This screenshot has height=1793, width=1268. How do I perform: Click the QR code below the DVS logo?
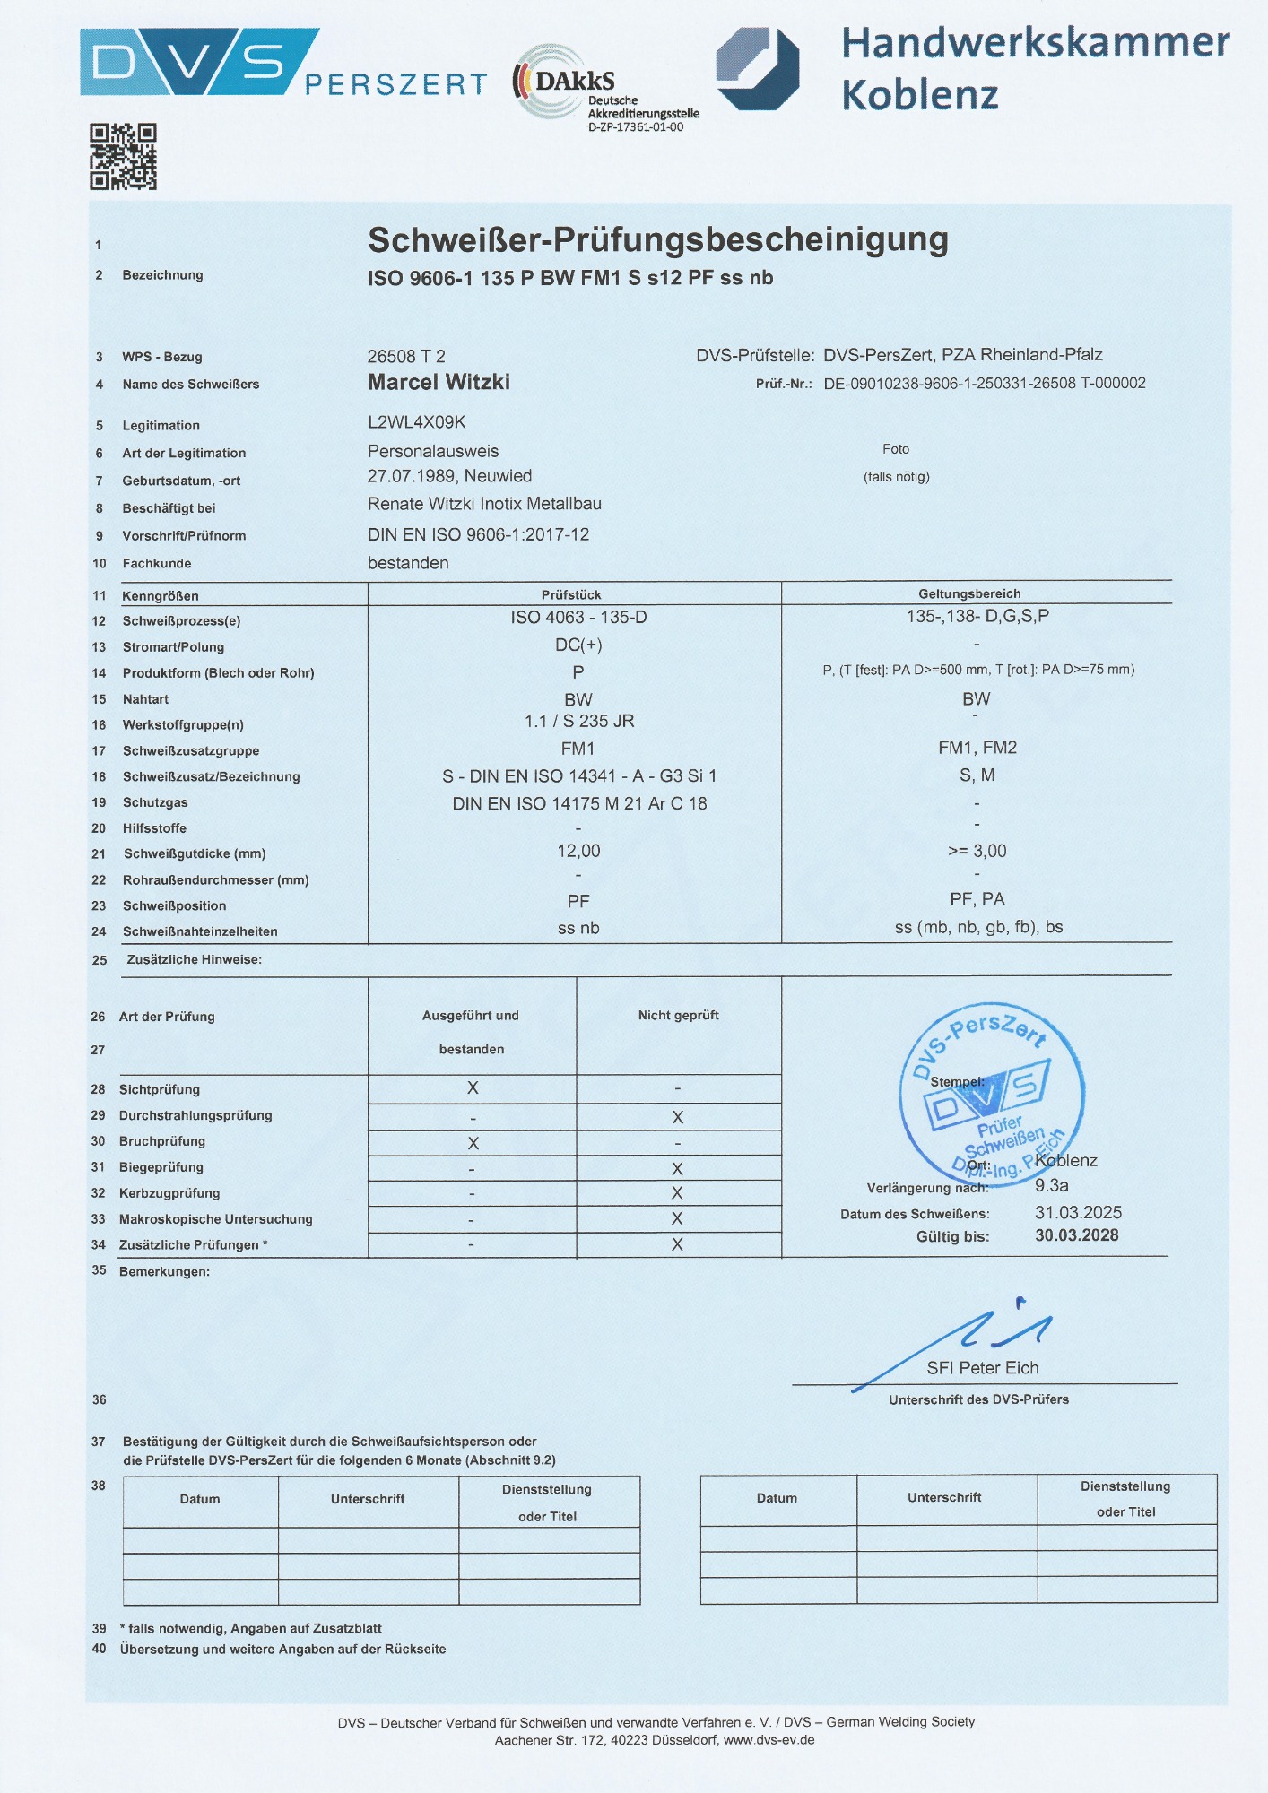(x=123, y=157)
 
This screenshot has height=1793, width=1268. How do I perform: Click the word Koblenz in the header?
(x=919, y=95)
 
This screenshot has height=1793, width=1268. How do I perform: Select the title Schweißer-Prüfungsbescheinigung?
(x=657, y=239)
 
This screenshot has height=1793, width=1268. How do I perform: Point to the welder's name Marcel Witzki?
(x=439, y=383)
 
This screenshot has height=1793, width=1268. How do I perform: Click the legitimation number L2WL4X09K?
(x=416, y=422)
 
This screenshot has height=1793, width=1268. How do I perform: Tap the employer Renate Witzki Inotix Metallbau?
(x=484, y=504)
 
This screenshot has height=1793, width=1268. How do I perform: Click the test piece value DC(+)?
(x=578, y=645)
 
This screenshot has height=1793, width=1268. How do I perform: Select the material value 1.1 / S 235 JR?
(x=578, y=722)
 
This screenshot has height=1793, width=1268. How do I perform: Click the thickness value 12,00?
(x=578, y=851)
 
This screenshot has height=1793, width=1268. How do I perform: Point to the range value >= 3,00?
(x=977, y=851)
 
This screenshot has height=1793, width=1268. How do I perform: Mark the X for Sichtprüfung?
(x=473, y=1088)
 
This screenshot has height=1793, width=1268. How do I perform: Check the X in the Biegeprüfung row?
(x=677, y=1169)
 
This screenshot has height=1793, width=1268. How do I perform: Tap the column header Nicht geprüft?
(x=678, y=1016)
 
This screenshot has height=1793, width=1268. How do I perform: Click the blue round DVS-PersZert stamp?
(x=991, y=1094)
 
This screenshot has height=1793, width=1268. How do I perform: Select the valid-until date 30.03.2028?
(x=1076, y=1235)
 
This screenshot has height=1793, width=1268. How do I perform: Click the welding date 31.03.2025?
(x=1078, y=1213)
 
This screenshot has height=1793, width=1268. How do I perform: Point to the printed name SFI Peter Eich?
(x=982, y=1368)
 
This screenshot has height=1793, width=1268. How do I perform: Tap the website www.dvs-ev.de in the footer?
(x=769, y=1740)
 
